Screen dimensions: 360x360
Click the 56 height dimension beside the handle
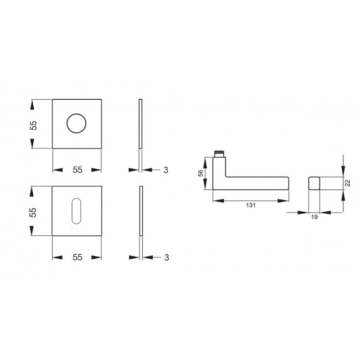[x=200, y=173]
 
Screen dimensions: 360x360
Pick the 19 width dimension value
[x=313, y=218]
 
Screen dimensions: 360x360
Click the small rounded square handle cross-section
[x=313, y=183]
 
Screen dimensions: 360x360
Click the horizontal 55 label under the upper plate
[x=77, y=170]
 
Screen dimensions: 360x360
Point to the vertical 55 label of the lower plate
[x=33, y=212]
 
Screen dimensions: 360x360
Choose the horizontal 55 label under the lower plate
[x=77, y=257]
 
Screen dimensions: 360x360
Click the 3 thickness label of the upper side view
[x=166, y=170]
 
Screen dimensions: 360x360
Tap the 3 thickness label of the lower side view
[x=166, y=257]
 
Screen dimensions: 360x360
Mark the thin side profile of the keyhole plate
[x=141, y=212]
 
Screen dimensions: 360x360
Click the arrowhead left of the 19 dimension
[x=302, y=212]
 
